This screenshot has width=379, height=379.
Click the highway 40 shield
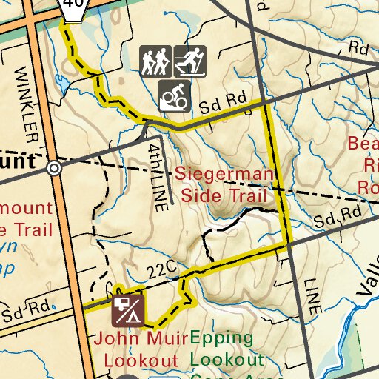pos(73,5)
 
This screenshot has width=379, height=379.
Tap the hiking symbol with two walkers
pos(155,61)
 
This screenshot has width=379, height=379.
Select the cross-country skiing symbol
pos(189,61)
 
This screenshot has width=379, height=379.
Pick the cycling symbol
pos(174,94)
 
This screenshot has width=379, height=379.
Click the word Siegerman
pos(224,175)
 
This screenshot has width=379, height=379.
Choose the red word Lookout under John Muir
pos(141,360)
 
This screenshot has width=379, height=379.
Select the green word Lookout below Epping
pos(227,360)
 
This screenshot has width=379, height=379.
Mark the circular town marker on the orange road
pos(53,168)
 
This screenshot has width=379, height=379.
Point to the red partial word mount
pos(27,208)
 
